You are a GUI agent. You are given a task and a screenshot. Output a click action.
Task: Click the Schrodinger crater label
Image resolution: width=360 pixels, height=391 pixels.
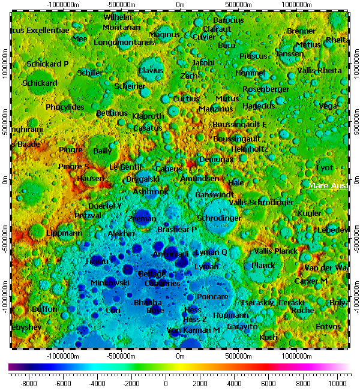tap(219, 218)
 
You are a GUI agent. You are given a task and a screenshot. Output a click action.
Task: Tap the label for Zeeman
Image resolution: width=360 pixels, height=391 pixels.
tap(142, 219)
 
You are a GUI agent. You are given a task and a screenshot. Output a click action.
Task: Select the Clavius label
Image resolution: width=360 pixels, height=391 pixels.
tap(151, 71)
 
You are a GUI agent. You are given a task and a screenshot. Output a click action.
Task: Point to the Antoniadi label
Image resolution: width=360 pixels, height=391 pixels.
tap(170, 254)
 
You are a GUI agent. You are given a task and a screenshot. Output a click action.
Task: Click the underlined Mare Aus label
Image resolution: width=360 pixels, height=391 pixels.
tap(328, 187)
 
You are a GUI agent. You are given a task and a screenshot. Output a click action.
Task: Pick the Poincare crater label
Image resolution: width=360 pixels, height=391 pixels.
tap(212, 297)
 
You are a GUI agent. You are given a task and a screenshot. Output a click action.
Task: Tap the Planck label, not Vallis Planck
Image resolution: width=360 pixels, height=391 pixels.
tap(263, 266)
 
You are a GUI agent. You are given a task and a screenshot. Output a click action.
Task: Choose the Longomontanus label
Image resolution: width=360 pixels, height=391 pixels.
tap(124, 43)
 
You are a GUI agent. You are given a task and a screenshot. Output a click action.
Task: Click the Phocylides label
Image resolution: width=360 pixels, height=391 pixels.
tap(65, 107)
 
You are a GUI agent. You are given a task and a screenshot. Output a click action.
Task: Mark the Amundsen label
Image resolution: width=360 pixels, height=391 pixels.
tap(200, 179)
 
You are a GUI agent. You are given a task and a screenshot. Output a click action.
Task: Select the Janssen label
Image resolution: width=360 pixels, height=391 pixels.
tap(289, 54)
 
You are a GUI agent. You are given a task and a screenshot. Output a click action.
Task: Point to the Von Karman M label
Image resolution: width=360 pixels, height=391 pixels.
tap(193, 330)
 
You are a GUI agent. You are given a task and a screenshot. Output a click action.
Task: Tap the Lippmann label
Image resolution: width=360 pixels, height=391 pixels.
tap(64, 233)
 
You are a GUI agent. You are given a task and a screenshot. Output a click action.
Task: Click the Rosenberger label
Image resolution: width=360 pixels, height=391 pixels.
tap(266, 89)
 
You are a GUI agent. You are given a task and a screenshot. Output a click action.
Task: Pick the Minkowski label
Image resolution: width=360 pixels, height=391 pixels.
tap(110, 282)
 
